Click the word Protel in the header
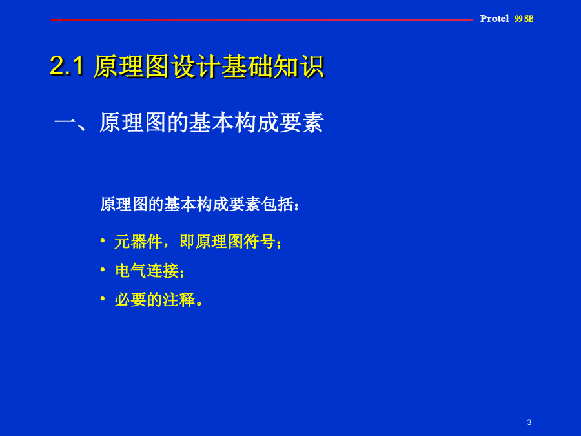pos(494,19)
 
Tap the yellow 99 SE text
pos(524,19)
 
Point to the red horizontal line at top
pos(261,20)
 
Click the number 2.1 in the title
pos(66,66)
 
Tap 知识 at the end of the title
pos(300,67)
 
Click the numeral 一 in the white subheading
pos(65,123)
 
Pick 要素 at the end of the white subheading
pos(301,123)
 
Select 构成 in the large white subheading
pos(256,123)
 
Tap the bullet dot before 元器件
pos(103,241)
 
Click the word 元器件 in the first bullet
pos(138,242)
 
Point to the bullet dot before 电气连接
pos(103,269)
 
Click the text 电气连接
pos(147,271)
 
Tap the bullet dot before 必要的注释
pos(103,298)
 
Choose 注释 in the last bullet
pos(179,300)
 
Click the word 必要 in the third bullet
pos(130,300)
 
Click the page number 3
pos(529,422)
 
